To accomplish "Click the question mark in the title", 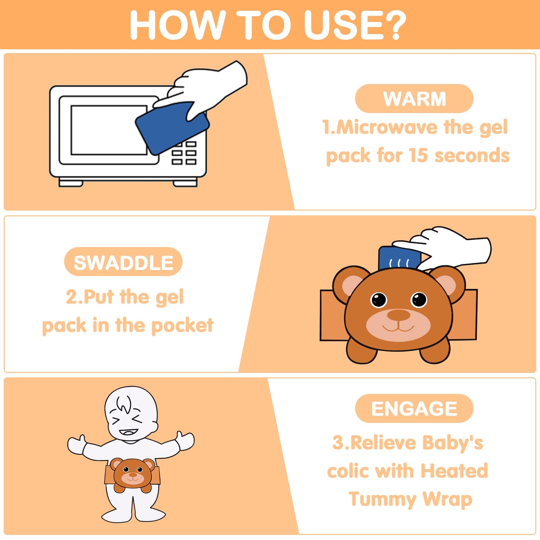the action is tap(392, 25).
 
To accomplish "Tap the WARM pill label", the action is tap(414, 99).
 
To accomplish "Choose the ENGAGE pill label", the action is tap(414, 408).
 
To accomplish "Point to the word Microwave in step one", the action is tap(387, 128).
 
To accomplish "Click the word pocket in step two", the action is tap(182, 326).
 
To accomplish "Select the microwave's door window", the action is tap(109, 130).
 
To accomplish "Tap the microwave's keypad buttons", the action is tap(184, 153).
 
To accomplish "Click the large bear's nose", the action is tap(399, 315).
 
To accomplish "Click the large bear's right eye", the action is tap(419, 299).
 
